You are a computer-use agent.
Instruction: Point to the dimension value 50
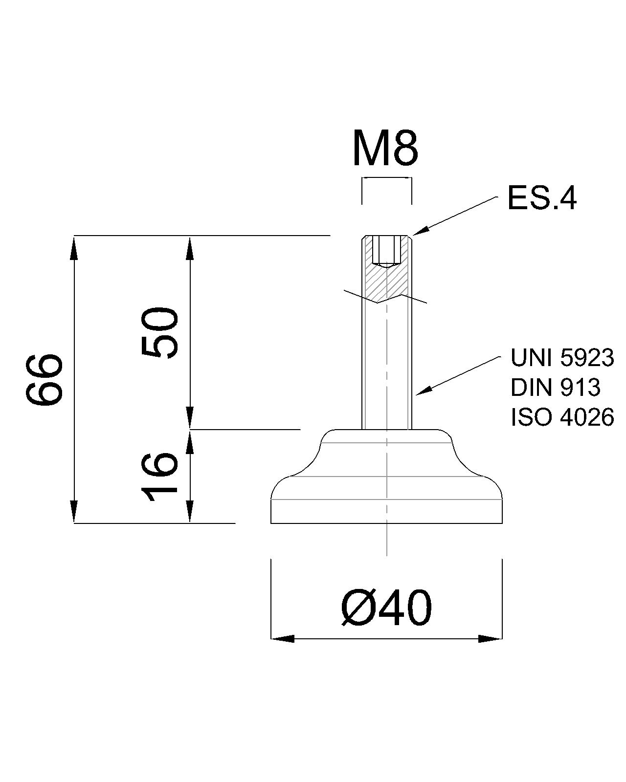click(160, 333)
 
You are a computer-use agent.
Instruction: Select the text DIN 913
click(555, 387)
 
